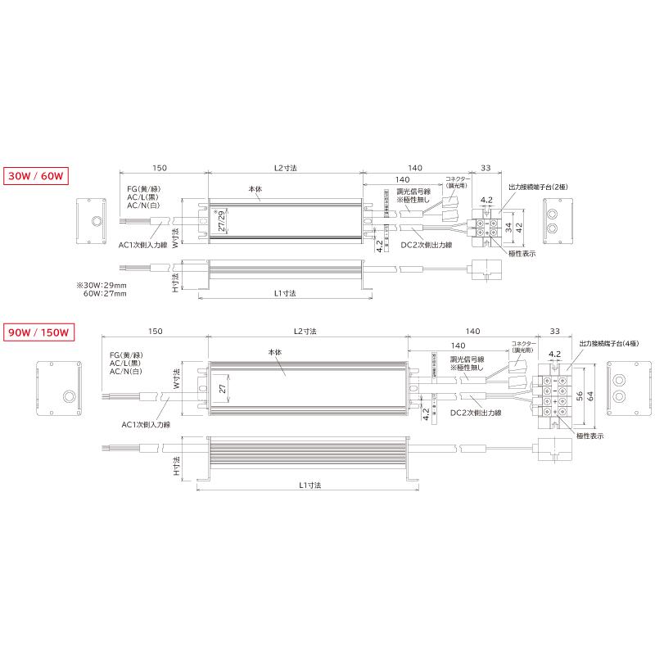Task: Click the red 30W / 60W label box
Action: (x=35, y=176)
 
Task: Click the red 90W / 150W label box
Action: (x=40, y=332)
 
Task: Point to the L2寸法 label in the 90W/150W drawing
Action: (x=305, y=331)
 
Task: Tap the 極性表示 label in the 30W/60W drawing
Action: (x=522, y=254)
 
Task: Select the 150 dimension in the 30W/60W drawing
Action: (x=160, y=168)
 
